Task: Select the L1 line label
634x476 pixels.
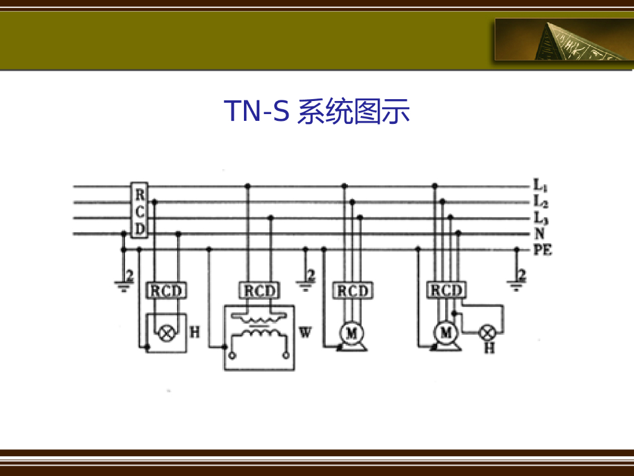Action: coord(539,185)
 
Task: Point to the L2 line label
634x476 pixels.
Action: coord(539,201)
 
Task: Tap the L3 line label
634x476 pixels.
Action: coord(539,218)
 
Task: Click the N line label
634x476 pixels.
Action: coord(539,234)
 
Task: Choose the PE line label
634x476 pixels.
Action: coord(542,250)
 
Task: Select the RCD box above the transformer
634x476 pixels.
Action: coord(259,291)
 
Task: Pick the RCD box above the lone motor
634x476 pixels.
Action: coord(352,291)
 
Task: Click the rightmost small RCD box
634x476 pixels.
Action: coord(446,291)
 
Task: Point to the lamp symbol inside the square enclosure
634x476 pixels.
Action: coord(166,333)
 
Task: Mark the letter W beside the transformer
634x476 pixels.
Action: coord(305,333)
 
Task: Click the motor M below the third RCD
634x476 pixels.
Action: coord(352,333)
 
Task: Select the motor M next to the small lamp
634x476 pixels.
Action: coord(445,333)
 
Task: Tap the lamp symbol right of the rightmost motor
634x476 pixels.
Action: coord(489,333)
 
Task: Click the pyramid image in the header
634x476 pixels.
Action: coord(563,39)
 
